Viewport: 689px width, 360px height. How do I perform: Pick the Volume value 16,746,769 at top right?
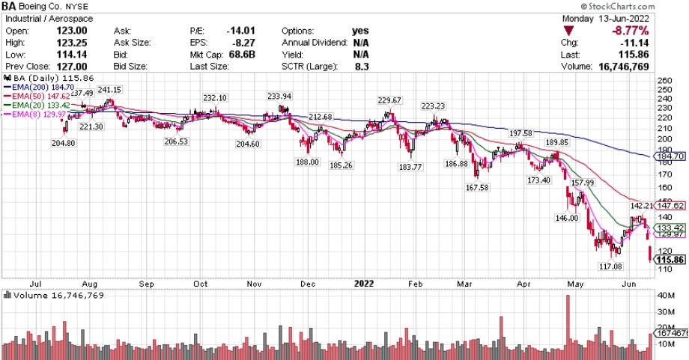coord(650,67)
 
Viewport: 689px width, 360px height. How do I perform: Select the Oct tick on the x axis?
coord(200,284)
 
